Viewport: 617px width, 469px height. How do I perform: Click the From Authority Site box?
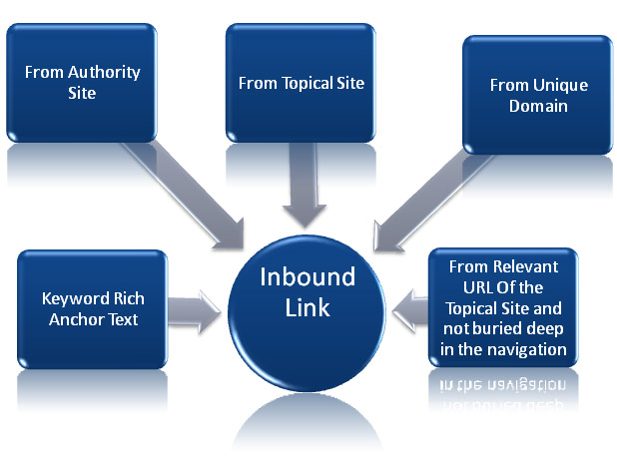pos(82,83)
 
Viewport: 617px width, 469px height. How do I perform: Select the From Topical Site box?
pos(301,83)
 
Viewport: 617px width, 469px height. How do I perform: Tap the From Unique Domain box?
pos(538,95)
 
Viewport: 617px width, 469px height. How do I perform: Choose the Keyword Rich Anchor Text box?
pos(90,308)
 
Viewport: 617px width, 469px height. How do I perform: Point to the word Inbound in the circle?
pos(308,277)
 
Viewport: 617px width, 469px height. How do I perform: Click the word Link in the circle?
pos(308,308)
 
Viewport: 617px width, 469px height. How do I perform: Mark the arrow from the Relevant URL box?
pos(409,306)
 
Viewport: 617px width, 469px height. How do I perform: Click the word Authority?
pos(105,73)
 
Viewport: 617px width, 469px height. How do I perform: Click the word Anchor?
pos(73,319)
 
